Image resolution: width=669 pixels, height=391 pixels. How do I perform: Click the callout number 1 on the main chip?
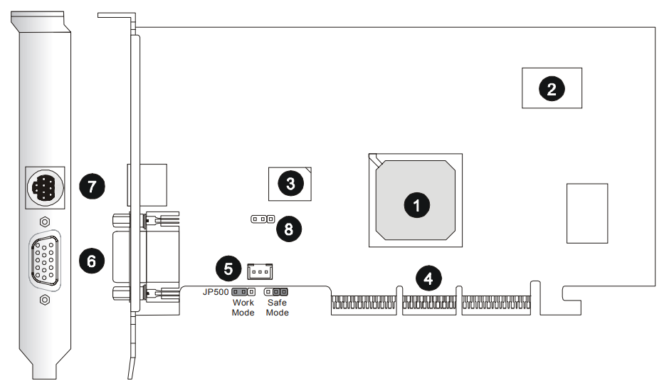click(416, 205)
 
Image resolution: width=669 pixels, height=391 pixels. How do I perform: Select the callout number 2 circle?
click(552, 88)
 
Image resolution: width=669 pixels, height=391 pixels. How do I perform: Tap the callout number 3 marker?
click(290, 184)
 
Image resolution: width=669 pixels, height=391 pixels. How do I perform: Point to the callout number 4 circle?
click(428, 278)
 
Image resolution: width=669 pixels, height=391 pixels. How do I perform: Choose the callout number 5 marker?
click(228, 269)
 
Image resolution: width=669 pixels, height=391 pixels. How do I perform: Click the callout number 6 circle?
click(90, 261)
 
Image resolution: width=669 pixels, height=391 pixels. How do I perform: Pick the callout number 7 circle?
click(90, 187)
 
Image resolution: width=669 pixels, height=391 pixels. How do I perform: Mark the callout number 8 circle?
click(288, 229)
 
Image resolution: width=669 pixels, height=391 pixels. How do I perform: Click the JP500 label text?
click(215, 292)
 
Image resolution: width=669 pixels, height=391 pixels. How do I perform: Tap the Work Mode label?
click(243, 308)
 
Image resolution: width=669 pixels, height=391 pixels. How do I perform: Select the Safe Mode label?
click(277, 308)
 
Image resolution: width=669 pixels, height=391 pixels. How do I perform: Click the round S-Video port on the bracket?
click(45, 188)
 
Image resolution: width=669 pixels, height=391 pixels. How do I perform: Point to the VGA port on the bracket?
click(46, 261)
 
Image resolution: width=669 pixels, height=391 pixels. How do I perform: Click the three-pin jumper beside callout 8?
click(262, 219)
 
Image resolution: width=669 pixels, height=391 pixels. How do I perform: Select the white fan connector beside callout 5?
click(260, 271)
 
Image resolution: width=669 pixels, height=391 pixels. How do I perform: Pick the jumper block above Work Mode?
click(243, 292)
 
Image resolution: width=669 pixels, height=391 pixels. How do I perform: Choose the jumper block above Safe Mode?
click(276, 292)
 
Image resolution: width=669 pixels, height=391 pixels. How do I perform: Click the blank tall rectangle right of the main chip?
click(587, 213)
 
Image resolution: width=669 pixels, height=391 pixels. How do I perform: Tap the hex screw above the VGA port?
click(45, 221)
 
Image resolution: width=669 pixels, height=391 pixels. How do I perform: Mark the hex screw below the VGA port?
click(45, 300)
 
